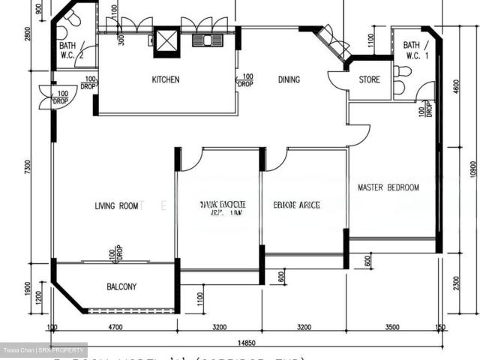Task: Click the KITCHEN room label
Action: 166,79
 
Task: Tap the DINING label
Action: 289,79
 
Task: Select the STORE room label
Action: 369,79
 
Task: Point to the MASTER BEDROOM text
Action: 388,187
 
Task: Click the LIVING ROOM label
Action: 116,205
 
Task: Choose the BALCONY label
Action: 121,286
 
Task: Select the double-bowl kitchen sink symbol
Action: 203,40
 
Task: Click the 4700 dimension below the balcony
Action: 115,328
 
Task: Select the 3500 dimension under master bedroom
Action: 391,328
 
